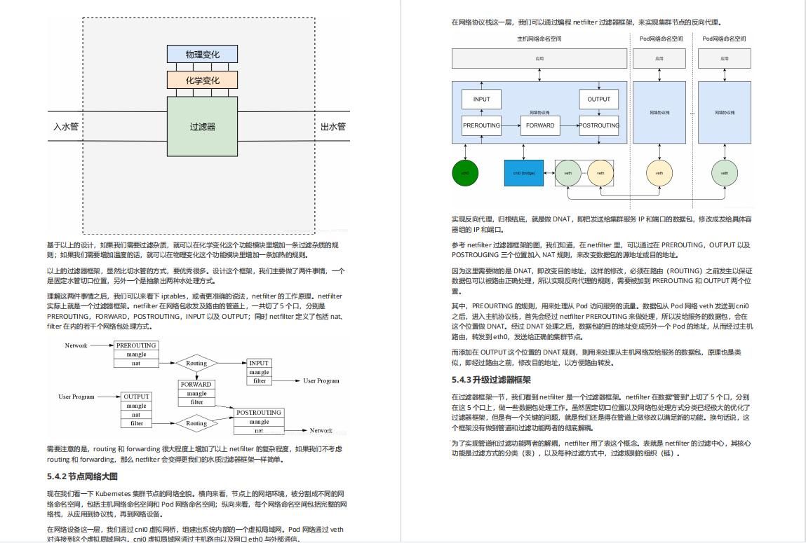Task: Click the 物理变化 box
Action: click(202, 54)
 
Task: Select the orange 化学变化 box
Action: click(202, 80)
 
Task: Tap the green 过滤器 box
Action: click(202, 127)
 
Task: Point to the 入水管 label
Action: click(66, 127)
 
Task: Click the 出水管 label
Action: click(333, 127)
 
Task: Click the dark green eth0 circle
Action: click(464, 173)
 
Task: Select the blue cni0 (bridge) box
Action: click(523, 173)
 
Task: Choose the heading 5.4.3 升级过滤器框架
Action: click(491, 380)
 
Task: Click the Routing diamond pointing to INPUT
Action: click(196, 363)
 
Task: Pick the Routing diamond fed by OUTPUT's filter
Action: click(196, 423)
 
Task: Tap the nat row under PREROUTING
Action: click(136, 364)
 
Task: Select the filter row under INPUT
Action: click(260, 381)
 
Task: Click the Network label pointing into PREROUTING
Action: click(76, 345)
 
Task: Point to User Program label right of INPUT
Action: click(321, 381)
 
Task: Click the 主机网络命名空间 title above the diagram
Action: click(539, 39)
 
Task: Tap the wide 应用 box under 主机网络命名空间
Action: click(539, 59)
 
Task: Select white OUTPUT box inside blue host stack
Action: click(598, 99)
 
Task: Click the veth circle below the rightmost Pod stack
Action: click(725, 173)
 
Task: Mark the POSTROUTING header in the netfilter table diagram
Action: click(259, 413)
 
